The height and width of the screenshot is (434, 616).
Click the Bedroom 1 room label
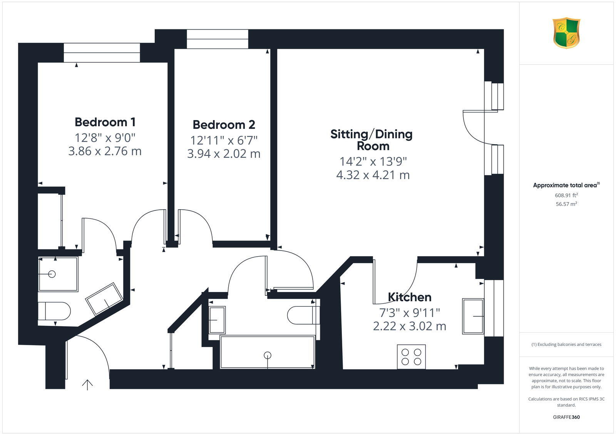pos(105,122)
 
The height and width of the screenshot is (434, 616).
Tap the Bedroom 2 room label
pos(224,125)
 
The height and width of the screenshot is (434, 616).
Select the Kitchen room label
pos(409,297)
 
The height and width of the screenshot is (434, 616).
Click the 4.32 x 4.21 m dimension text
pos(373,175)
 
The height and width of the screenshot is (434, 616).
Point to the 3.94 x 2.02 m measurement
pos(224,154)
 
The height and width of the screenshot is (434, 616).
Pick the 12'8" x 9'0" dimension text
pos(105,137)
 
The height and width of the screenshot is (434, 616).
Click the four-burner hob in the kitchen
pos(411,357)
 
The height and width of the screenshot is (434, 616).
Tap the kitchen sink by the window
pos(473,316)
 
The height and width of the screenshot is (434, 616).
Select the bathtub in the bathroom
pos(267,352)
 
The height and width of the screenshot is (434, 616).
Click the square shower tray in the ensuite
pos(58,274)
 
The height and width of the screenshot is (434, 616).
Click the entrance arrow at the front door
pos(87,384)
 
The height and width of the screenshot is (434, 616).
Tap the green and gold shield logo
pos(566,33)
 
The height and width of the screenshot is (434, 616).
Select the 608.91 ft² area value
pos(566,195)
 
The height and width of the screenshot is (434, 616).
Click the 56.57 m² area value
pos(566,204)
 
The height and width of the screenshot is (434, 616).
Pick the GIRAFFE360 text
pos(566,417)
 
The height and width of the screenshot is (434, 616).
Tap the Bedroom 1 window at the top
pos(102,52)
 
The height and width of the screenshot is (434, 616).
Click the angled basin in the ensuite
pos(104,299)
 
